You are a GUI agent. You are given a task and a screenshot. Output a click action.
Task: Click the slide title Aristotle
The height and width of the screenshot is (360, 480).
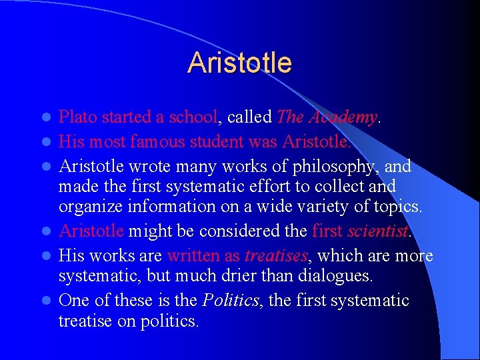point(239,63)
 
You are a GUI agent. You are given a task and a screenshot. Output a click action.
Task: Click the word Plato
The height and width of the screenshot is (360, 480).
point(75,117)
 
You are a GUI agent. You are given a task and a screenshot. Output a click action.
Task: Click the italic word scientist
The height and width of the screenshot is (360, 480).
point(377,231)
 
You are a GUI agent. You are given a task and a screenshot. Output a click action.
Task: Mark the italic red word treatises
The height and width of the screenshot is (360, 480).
point(275,255)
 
